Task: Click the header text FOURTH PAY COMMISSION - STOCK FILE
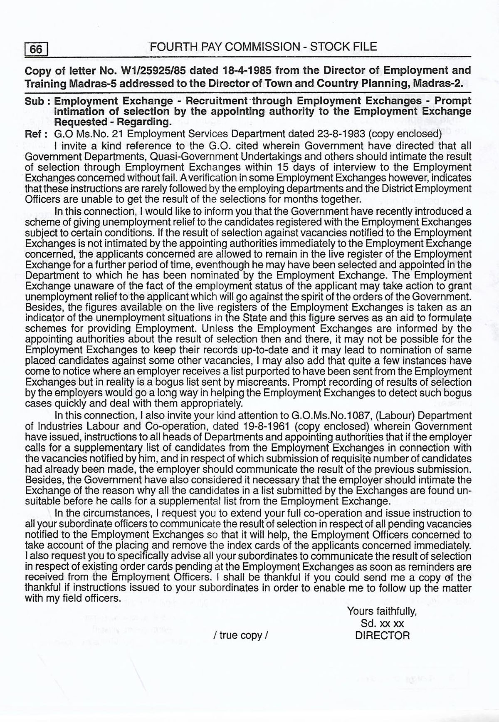[263, 47]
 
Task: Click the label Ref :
[36, 134]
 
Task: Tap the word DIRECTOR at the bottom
[382, 635]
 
